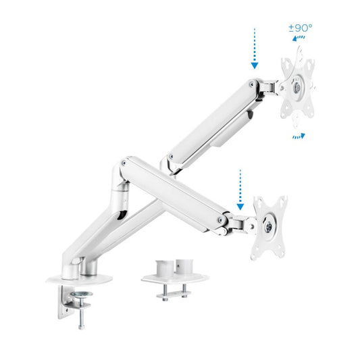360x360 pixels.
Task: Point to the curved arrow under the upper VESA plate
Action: click(x=298, y=136)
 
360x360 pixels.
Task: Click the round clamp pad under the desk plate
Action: click(x=81, y=294)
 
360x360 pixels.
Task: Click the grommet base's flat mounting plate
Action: click(x=174, y=277)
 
